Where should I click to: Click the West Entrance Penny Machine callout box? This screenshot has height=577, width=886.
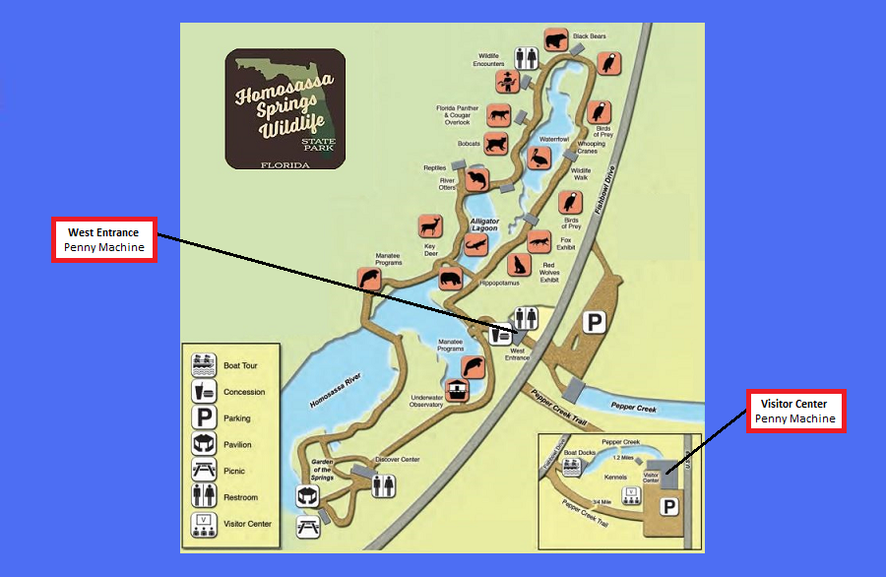point(105,239)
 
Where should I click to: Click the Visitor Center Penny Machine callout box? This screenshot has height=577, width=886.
point(795,411)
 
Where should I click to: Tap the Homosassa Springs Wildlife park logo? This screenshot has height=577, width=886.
point(285,108)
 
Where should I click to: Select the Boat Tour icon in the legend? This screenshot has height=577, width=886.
point(204,365)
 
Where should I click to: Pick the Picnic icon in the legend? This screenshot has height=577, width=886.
point(204,471)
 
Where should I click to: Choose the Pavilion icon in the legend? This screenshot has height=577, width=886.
point(204,444)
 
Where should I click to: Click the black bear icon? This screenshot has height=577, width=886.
point(556,42)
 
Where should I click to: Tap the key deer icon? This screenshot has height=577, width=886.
point(430,224)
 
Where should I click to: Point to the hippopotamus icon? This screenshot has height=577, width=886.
point(451,278)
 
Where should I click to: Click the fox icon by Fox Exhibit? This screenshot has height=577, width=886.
point(538,241)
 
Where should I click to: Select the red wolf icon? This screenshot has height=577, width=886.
point(519,265)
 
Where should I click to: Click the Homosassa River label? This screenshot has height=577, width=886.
point(335,391)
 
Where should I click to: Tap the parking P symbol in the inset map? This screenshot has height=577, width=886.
point(669,505)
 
